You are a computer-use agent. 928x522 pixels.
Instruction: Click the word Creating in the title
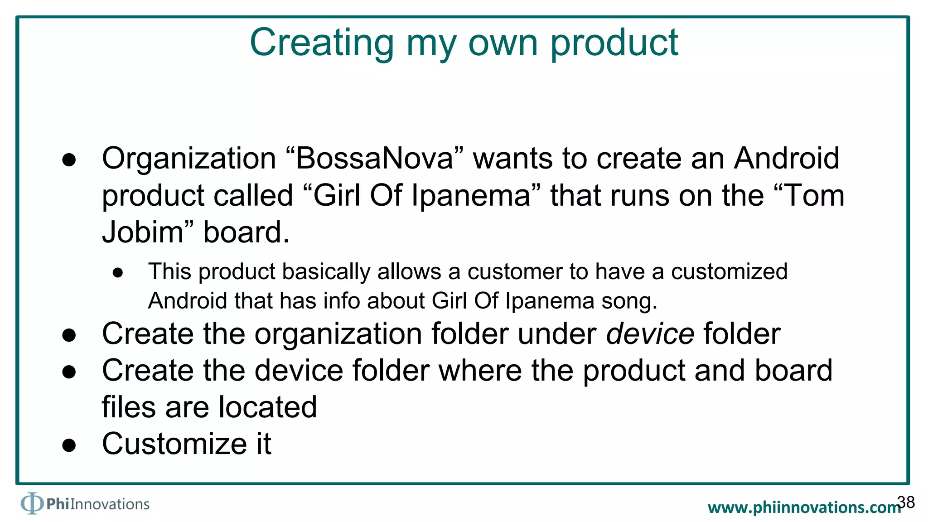pyautogui.click(x=322, y=43)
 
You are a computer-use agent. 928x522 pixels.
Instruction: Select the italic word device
pyautogui.click(x=650, y=334)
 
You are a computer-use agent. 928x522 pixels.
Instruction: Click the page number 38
pyautogui.click(x=906, y=502)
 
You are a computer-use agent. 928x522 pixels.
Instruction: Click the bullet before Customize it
pyautogui.click(x=69, y=445)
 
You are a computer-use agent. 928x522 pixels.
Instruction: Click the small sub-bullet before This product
pyautogui.click(x=118, y=273)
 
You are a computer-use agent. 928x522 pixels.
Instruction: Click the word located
pyautogui.click(x=267, y=407)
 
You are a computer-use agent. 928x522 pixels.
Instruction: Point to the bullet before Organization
pyautogui.click(x=69, y=160)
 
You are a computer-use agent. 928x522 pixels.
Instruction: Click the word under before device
pyautogui.click(x=556, y=334)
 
